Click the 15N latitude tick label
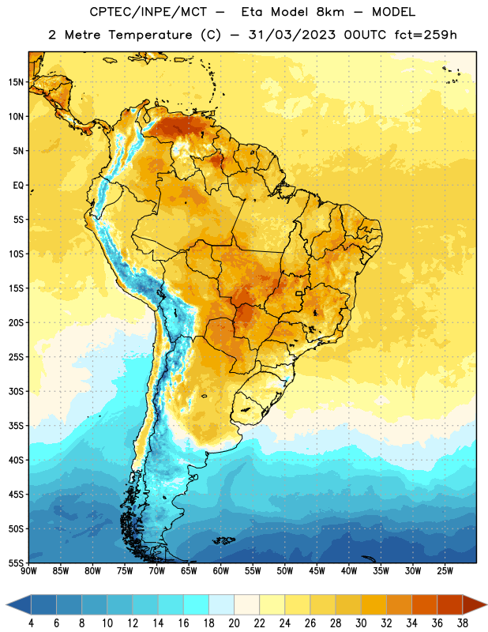tap(16, 82)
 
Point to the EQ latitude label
tap(18, 186)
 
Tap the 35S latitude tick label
tap(16, 426)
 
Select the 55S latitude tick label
tap(16, 562)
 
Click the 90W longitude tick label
tap(28, 571)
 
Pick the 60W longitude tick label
tap(221, 571)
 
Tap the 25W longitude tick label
tap(445, 571)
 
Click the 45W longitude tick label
tap(317, 571)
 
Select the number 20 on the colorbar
tap(234, 623)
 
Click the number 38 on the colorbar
tap(462, 623)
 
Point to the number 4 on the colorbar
tap(31, 623)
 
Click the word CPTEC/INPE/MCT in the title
tap(148, 12)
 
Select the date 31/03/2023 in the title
tap(291, 35)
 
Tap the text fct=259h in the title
tap(426, 35)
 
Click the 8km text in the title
tap(330, 12)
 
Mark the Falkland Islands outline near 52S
tap(224, 540)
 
